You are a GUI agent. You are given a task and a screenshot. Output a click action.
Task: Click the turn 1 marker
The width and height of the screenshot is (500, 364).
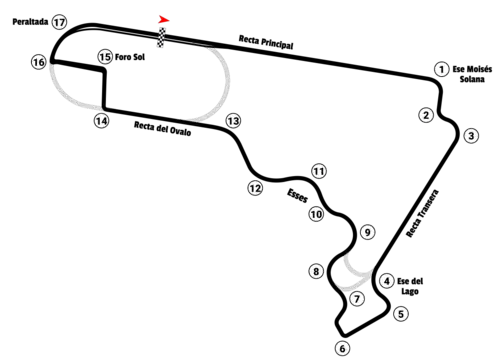pyautogui.click(x=441, y=70)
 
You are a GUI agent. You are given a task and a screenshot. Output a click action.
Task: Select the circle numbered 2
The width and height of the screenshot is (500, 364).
pyautogui.click(x=426, y=115)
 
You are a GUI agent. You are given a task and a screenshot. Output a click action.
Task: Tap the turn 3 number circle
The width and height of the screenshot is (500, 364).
pyautogui.click(x=471, y=136)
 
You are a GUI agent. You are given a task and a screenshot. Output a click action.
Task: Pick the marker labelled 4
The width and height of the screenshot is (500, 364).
pyautogui.click(x=386, y=281)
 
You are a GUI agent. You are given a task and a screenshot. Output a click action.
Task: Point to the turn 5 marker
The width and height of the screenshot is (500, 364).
pyautogui.click(x=401, y=314)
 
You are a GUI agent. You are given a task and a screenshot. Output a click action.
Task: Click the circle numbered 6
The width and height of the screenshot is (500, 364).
pyautogui.click(x=343, y=349)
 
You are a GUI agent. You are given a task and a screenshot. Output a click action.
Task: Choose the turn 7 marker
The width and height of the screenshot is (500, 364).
pyautogui.click(x=357, y=298)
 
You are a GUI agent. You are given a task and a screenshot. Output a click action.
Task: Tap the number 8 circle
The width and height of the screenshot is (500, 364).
pyautogui.click(x=316, y=272)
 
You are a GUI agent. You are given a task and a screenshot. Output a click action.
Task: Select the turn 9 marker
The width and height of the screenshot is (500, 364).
pyautogui.click(x=368, y=232)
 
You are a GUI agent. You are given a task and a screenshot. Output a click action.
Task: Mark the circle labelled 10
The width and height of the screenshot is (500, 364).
pyautogui.click(x=316, y=214)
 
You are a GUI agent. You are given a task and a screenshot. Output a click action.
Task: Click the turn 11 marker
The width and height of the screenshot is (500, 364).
pyautogui.click(x=319, y=171)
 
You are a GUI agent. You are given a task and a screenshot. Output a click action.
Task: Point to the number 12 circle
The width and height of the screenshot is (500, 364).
pyautogui.click(x=256, y=188)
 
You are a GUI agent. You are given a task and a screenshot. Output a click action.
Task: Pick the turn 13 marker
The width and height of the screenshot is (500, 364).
pyautogui.click(x=233, y=121)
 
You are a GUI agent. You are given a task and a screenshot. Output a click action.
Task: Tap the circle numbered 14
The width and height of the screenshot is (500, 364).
pyautogui.click(x=101, y=121)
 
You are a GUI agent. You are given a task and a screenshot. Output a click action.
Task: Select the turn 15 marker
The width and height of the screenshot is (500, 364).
pyautogui.click(x=105, y=57)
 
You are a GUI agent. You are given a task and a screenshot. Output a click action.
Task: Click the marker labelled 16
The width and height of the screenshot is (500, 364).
pyautogui.click(x=38, y=62)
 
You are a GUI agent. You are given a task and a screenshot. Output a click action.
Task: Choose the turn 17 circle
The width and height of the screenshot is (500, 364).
pyautogui.click(x=59, y=22)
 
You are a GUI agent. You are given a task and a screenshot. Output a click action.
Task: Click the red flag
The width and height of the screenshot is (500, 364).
pyautogui.click(x=165, y=19)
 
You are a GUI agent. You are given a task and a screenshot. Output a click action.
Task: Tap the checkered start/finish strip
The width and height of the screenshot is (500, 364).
pyautogui.click(x=161, y=37)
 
